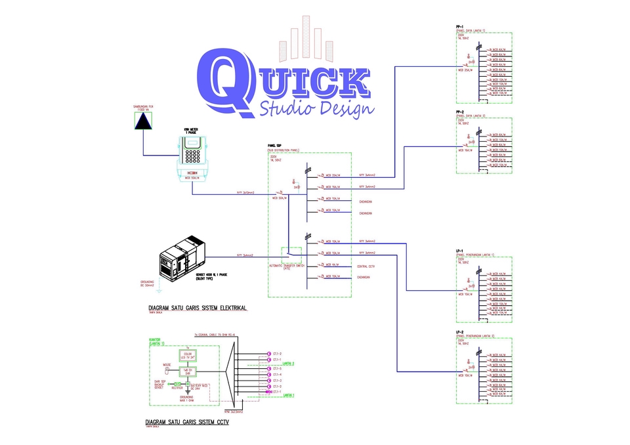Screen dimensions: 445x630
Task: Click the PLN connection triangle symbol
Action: click(x=142, y=121)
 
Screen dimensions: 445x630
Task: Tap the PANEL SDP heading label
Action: click(x=275, y=145)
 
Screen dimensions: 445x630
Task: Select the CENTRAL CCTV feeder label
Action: click(x=366, y=266)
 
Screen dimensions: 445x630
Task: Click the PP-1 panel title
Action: click(x=460, y=26)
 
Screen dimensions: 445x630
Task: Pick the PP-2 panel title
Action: click(x=460, y=112)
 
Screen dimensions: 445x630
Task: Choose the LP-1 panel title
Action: click(x=460, y=251)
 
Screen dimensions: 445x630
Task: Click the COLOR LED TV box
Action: click(x=188, y=356)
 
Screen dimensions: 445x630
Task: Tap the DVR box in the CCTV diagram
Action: click(x=188, y=371)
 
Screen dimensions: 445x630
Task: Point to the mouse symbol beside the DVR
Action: click(x=167, y=369)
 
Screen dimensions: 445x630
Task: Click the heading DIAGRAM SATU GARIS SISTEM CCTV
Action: click(x=187, y=421)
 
